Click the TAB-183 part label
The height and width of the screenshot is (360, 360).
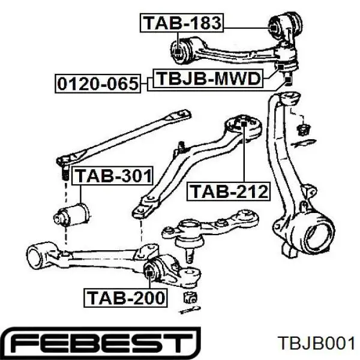[x=182, y=23]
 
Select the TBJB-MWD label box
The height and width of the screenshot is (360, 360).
[x=208, y=78]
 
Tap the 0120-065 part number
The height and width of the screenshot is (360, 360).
[x=98, y=83]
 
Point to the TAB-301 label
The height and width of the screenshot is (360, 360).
[x=113, y=176]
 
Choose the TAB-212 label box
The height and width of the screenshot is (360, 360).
[x=229, y=191]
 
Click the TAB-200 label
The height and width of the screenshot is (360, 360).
[x=125, y=298]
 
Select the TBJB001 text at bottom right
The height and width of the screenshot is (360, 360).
[x=316, y=344]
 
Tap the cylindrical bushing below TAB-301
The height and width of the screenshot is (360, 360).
[x=71, y=215]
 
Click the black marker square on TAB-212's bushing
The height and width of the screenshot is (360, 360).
[x=244, y=124]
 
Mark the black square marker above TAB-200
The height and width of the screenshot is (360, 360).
[x=149, y=274]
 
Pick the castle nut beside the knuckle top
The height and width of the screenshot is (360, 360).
[x=303, y=130]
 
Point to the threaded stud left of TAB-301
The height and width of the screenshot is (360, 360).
[x=65, y=173]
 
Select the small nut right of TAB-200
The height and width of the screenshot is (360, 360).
[x=190, y=298]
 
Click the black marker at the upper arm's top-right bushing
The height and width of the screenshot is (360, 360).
[x=274, y=28]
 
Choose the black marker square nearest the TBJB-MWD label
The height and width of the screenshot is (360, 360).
[x=281, y=67]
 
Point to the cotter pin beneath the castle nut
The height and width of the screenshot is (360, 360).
[x=304, y=143]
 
